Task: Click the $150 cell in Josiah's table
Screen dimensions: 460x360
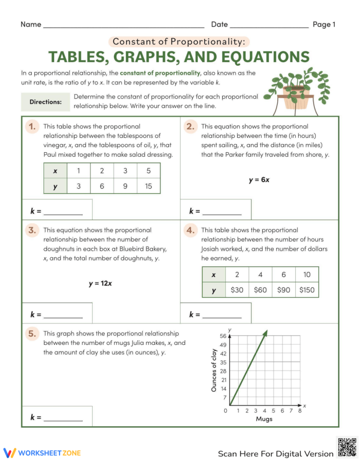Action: click(307, 290)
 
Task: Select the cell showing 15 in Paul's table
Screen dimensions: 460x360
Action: click(149, 186)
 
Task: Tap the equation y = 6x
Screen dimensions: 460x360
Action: click(259, 180)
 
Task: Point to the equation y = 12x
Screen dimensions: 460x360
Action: click(100, 283)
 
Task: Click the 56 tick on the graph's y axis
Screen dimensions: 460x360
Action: click(223, 335)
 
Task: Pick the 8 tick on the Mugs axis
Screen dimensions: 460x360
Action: click(299, 411)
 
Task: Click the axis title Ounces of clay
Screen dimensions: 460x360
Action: click(214, 371)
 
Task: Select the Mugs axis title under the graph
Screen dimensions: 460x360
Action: click(264, 419)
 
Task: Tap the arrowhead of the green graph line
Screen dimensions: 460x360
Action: click(266, 333)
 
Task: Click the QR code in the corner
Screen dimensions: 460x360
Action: click(347, 447)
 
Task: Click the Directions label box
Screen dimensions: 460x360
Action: click(45, 102)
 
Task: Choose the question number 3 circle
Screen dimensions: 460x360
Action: click(32, 230)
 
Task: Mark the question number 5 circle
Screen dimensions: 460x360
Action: click(32, 334)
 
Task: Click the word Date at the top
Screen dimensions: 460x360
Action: click(219, 24)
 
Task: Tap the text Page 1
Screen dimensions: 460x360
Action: click(324, 24)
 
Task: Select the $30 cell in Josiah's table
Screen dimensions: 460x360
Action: click(237, 290)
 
